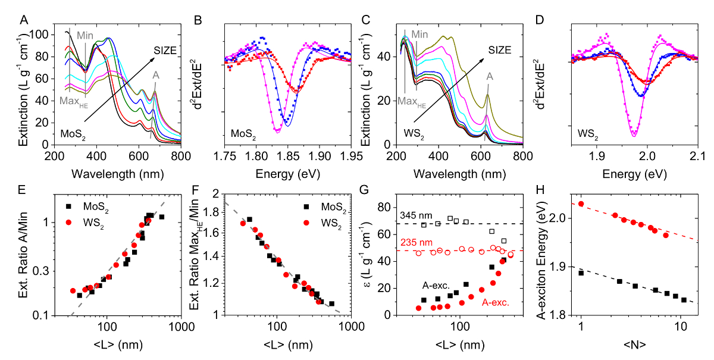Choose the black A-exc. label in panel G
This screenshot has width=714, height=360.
pyautogui.click(x=439, y=285)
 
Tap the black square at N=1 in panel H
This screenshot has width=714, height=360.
pyautogui.click(x=581, y=273)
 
